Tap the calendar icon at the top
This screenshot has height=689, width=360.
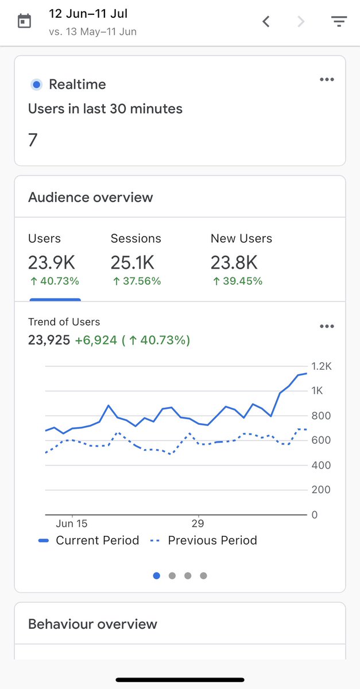(24, 22)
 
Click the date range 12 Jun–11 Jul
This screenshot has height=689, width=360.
(88, 14)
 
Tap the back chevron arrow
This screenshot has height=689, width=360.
(266, 22)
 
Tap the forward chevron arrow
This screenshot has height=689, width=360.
(301, 22)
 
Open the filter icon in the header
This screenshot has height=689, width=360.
(339, 22)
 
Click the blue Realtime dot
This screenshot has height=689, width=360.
(37, 85)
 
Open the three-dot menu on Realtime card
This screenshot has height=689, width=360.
(327, 80)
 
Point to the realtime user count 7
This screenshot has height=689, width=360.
(33, 140)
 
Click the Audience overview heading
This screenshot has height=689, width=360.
(91, 198)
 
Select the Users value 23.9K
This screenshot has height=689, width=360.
(52, 263)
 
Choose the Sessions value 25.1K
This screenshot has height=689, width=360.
(133, 263)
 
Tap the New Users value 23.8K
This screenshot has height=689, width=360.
(234, 263)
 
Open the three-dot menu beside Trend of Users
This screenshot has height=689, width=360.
(327, 327)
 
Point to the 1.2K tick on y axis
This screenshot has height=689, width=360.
(321, 366)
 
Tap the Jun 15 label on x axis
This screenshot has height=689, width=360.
(72, 524)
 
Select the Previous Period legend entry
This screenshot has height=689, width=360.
(204, 540)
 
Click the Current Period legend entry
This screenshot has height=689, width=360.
(89, 540)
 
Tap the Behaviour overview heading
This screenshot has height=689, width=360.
(92, 624)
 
